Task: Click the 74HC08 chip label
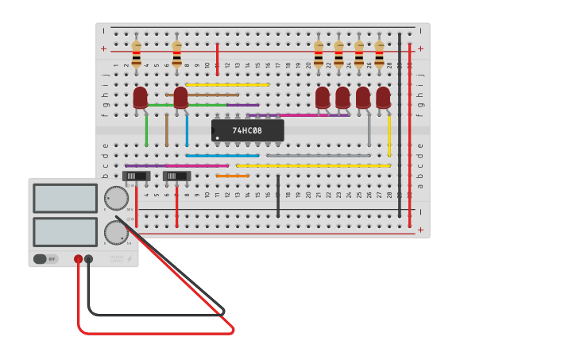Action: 247,130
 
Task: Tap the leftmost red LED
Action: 140,97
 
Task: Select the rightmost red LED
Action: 383,97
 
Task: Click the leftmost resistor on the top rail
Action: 137,54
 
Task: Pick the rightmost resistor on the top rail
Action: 379,54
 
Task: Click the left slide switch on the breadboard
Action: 137,176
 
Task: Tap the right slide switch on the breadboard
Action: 177,176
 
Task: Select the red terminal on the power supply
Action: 78,259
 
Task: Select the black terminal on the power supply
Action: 88,259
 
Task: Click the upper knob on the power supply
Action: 116,198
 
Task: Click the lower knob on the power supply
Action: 116,233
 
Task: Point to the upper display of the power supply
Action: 65,198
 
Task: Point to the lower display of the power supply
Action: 65,231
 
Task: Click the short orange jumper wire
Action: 233,176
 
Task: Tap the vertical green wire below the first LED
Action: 146,131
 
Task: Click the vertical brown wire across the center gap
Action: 167,130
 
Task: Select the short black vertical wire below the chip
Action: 278,195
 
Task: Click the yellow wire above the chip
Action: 227,84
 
